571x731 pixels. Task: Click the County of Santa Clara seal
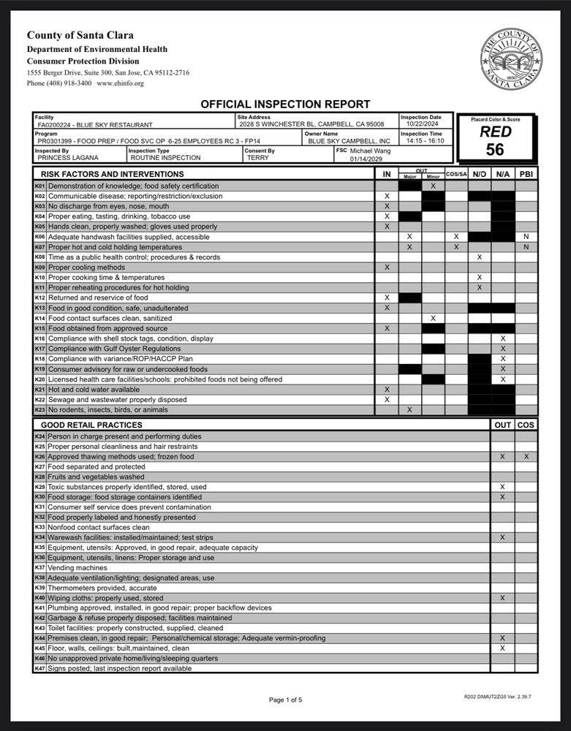click(x=511, y=58)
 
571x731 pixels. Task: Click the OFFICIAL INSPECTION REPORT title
click(x=285, y=105)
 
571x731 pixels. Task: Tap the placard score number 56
click(x=495, y=150)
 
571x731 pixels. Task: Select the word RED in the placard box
click(x=495, y=132)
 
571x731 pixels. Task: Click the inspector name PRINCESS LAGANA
click(x=67, y=157)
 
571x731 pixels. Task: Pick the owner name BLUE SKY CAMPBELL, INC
click(x=349, y=141)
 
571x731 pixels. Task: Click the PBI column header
click(x=526, y=174)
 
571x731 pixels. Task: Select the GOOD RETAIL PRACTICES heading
click(x=91, y=425)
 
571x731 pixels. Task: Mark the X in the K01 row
click(x=433, y=186)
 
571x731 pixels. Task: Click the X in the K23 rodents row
click(x=409, y=410)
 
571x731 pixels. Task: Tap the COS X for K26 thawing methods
click(x=526, y=456)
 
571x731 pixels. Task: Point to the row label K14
click(x=40, y=319)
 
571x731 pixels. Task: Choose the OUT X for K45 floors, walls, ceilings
click(x=502, y=648)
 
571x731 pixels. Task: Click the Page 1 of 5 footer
click(x=285, y=700)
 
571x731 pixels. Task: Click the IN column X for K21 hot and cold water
click(x=387, y=390)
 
